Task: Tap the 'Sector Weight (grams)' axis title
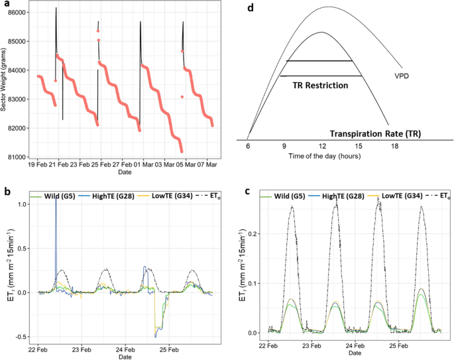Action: [x=4, y=84]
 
